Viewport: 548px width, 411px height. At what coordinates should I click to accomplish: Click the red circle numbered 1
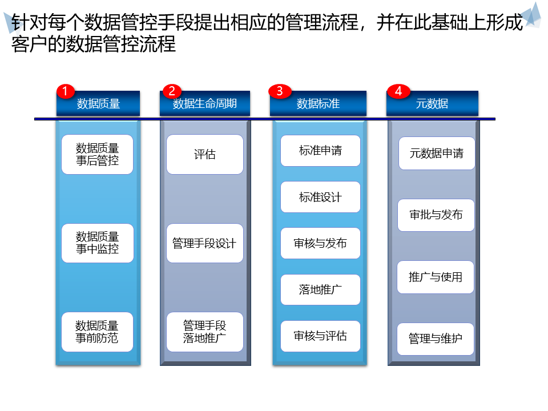pyautogui.click(x=66, y=91)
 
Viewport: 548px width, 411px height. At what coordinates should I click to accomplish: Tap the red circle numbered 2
pyautogui.click(x=171, y=91)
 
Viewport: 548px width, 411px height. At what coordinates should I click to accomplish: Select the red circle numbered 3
pyautogui.click(x=279, y=91)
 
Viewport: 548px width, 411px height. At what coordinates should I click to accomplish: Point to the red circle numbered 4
pyautogui.click(x=398, y=91)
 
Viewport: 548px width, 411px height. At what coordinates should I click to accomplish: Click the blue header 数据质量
pyautogui.click(x=98, y=104)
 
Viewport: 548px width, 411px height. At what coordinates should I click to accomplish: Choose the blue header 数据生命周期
pyautogui.click(x=205, y=104)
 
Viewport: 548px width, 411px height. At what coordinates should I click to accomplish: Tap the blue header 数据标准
pyautogui.click(x=318, y=104)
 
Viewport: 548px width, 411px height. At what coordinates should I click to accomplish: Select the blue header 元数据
pyautogui.click(x=432, y=104)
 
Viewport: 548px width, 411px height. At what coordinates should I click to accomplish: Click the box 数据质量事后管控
pyautogui.click(x=97, y=154)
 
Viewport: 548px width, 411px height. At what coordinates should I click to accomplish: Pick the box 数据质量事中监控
pyautogui.click(x=97, y=243)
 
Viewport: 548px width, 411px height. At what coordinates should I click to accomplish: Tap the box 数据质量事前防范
pyautogui.click(x=97, y=332)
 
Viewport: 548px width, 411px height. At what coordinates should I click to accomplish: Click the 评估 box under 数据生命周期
pyautogui.click(x=205, y=154)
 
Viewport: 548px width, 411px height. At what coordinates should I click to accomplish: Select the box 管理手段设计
pyautogui.click(x=205, y=243)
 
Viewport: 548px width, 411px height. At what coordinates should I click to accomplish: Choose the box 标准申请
pyautogui.click(x=320, y=151)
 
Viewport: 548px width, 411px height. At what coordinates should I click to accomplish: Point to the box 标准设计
pyautogui.click(x=320, y=197)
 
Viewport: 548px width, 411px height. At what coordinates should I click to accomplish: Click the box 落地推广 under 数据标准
pyautogui.click(x=320, y=289)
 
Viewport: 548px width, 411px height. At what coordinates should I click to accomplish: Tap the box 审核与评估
pyautogui.click(x=320, y=336)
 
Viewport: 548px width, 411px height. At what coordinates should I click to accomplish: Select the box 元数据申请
pyautogui.click(x=437, y=153)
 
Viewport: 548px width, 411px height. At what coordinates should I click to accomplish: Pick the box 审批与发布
pyautogui.click(x=436, y=215)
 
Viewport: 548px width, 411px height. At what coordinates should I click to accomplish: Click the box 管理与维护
pyautogui.click(x=436, y=339)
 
